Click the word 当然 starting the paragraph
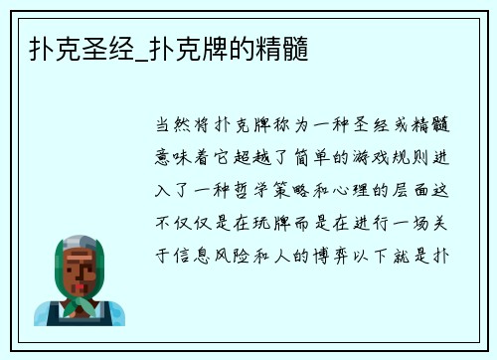[x=169, y=127]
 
